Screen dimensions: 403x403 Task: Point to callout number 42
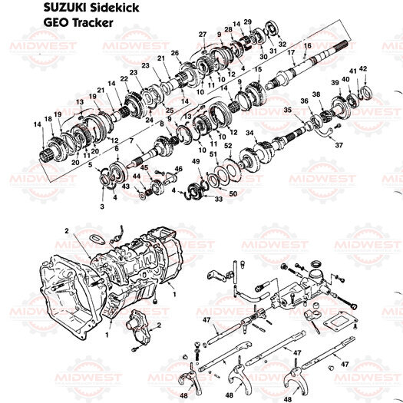(x=363, y=69)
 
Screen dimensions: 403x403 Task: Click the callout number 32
(x=283, y=44)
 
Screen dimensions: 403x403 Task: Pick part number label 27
(x=203, y=35)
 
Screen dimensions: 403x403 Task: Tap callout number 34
(x=249, y=133)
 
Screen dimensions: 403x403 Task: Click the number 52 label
(x=229, y=145)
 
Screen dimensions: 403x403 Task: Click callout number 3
(x=101, y=206)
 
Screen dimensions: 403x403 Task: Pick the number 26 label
(x=175, y=52)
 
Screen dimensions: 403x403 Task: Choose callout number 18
(x=48, y=119)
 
